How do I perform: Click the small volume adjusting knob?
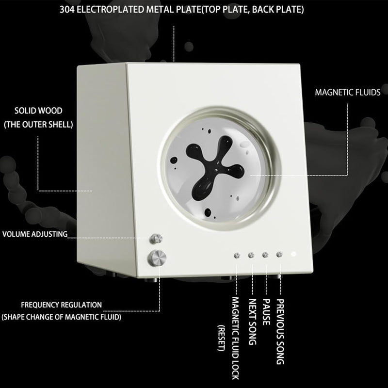156,239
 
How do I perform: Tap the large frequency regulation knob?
157,258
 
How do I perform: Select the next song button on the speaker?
251,255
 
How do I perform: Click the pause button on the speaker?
265,255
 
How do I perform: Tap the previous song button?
279,254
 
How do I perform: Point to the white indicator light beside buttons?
293,254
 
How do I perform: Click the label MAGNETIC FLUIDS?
348,92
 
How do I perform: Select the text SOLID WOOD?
38,111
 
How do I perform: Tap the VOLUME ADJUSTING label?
35,234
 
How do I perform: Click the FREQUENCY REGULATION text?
62,305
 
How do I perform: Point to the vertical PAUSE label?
266,312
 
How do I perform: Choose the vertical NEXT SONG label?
252,322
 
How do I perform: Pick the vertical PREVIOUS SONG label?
280,332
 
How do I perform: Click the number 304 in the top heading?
67,10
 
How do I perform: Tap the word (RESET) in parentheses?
221,338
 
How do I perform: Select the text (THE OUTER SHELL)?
38,124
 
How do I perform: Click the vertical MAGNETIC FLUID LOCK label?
235,338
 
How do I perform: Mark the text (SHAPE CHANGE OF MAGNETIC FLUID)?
62,317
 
